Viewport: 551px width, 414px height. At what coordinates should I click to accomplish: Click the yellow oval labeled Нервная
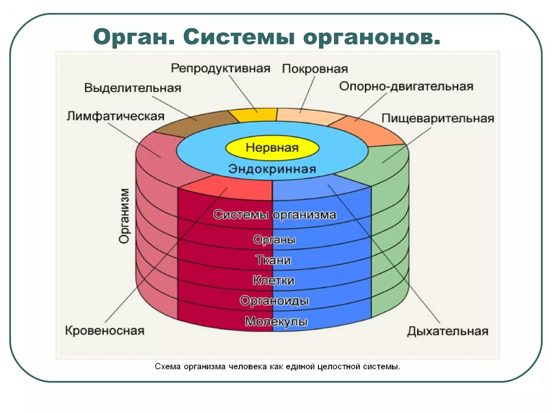click(272, 148)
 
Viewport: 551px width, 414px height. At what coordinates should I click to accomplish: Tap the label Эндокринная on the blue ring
click(272, 169)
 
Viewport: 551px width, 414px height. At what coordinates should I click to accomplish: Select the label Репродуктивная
click(221, 68)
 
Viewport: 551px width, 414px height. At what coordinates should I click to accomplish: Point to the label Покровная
click(315, 69)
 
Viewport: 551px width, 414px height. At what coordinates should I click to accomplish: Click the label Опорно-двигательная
click(406, 87)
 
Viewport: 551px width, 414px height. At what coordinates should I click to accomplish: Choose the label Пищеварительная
click(438, 119)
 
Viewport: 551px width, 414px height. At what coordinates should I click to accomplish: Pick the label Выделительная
click(133, 88)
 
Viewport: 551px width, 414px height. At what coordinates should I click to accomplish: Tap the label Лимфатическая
click(115, 116)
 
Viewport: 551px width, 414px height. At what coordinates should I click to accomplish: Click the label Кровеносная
click(105, 331)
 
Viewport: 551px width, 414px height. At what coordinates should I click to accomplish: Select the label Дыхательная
click(447, 331)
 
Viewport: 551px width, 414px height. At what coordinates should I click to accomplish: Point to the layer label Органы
click(274, 240)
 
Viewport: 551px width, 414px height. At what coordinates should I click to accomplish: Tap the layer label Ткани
click(273, 260)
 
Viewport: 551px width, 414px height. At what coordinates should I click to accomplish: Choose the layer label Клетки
click(274, 281)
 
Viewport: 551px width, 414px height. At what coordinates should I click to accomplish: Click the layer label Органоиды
click(274, 301)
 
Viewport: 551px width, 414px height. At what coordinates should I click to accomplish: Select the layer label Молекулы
click(276, 322)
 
